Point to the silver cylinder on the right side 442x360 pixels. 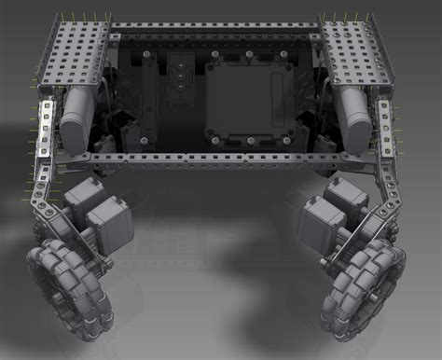point(355,113)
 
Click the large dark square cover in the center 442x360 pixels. point(247,99)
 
